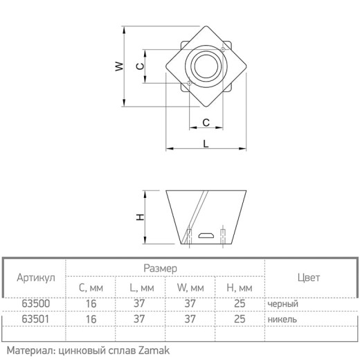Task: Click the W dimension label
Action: click(119, 66)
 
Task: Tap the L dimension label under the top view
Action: click(206, 144)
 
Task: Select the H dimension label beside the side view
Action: click(140, 217)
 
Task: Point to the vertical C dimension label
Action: click(140, 66)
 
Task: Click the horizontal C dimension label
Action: click(206, 123)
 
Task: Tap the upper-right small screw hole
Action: click(223, 49)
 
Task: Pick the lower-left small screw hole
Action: click(189, 83)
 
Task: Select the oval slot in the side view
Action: click(206, 235)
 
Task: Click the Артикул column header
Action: click(36, 278)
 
